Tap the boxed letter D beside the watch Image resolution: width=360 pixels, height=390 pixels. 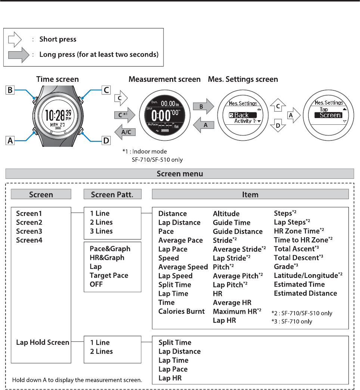(106, 140)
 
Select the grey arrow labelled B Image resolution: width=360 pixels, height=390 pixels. (202, 106)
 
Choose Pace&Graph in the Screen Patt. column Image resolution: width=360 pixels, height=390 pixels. (110, 248)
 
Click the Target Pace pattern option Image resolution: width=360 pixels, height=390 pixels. (109, 275)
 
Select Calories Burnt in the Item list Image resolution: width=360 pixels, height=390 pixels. (181, 311)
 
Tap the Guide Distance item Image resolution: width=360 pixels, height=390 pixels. (238, 231)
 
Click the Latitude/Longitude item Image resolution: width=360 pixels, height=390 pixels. (308, 275)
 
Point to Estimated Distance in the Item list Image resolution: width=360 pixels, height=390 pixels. (305, 293)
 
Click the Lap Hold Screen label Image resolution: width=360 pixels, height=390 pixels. (43, 342)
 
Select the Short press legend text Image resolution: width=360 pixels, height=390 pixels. (58, 40)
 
